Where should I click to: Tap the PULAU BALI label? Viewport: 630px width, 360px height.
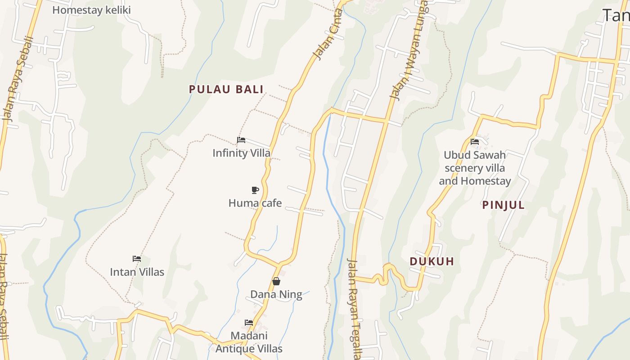pos(226,89)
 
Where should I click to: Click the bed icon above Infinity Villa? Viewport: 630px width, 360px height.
pos(241,140)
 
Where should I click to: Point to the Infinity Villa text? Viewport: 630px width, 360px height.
pos(242,153)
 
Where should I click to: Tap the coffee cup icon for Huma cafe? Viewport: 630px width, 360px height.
pos(255,190)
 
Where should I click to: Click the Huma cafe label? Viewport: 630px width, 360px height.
pos(255,203)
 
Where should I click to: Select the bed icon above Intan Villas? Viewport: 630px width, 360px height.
pos(137,259)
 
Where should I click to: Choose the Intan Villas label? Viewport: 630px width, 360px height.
pos(137,272)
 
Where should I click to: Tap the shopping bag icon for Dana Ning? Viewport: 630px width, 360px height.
pos(276,281)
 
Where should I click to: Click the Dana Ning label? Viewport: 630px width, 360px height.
pos(276,294)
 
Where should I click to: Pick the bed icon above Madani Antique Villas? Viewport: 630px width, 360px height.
pos(248,323)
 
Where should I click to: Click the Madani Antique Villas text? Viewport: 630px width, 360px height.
pos(249,342)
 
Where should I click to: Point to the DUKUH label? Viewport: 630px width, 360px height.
pos(432,261)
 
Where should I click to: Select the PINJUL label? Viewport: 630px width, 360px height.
pos(504,205)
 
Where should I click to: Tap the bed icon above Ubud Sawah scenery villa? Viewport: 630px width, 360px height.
pos(475,142)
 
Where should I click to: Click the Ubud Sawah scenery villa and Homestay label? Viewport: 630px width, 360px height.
pos(475,168)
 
